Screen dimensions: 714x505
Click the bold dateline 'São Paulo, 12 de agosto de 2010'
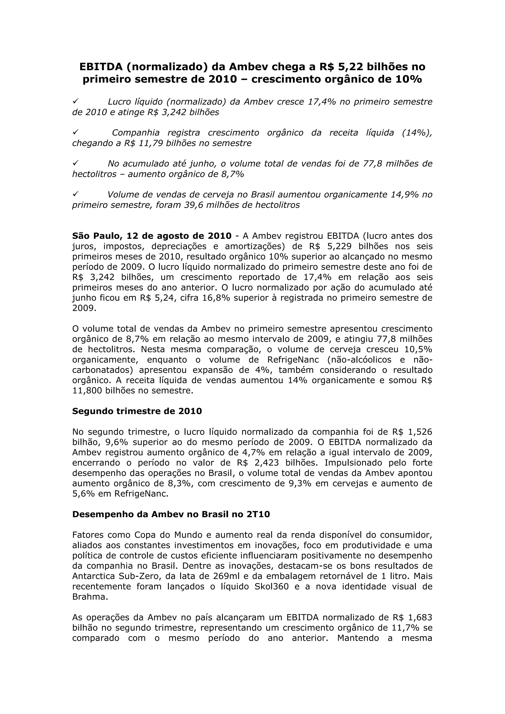[x=152, y=236]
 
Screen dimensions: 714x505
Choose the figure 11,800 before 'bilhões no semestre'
[x=87, y=391]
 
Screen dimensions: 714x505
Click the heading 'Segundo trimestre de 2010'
[x=137, y=411]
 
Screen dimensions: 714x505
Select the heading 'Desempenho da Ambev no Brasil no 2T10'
[x=171, y=514]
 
